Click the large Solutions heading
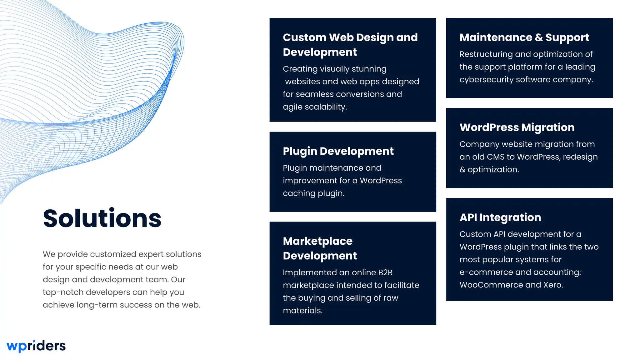tap(102, 218)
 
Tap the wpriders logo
tap(36, 346)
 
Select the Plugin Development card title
tap(338, 151)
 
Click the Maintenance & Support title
tap(524, 37)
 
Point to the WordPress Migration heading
tap(517, 127)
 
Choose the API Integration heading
tap(500, 217)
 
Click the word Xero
tap(553, 285)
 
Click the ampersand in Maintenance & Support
tap(539, 37)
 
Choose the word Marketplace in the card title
tap(317, 241)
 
